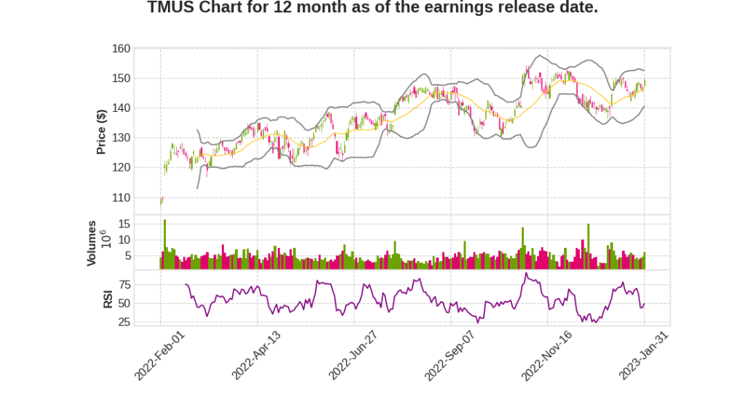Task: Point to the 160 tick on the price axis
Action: tap(121, 49)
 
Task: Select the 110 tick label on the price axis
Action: tap(121, 198)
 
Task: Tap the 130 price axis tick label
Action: tap(121, 138)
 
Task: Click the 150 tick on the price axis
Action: tap(121, 79)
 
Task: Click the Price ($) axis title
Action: tap(102, 132)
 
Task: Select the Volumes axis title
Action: tap(92, 243)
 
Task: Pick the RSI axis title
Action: tap(108, 299)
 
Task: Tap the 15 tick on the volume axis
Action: tap(124, 223)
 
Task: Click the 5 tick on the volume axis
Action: tap(127, 256)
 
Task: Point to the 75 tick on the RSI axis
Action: tap(124, 284)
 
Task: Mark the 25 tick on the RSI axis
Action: tap(124, 322)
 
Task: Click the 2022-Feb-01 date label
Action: tap(159, 354)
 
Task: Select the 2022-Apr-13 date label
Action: tap(256, 354)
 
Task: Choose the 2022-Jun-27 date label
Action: tap(353, 354)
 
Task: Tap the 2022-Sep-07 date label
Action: tap(450, 354)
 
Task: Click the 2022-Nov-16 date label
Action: tap(546, 354)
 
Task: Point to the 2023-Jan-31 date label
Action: tap(643, 354)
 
